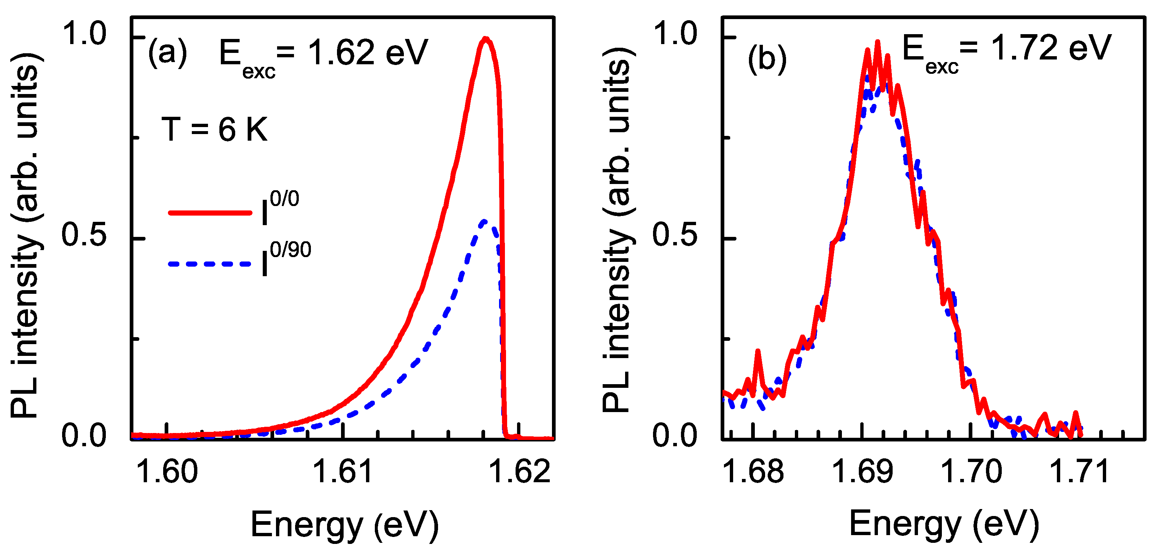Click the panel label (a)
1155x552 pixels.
(167, 53)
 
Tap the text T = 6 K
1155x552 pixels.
(214, 130)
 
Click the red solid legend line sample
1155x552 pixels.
(210, 213)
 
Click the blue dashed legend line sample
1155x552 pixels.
(210, 264)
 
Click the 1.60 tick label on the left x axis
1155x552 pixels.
(166, 472)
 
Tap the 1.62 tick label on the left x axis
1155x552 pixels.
(519, 472)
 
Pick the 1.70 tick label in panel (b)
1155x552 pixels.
(971, 472)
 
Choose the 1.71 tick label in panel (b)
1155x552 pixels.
(1079, 472)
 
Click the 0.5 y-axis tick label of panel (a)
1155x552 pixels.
(84, 235)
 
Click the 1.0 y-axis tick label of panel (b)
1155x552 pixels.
(675, 33)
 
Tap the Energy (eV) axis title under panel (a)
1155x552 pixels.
(344, 524)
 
